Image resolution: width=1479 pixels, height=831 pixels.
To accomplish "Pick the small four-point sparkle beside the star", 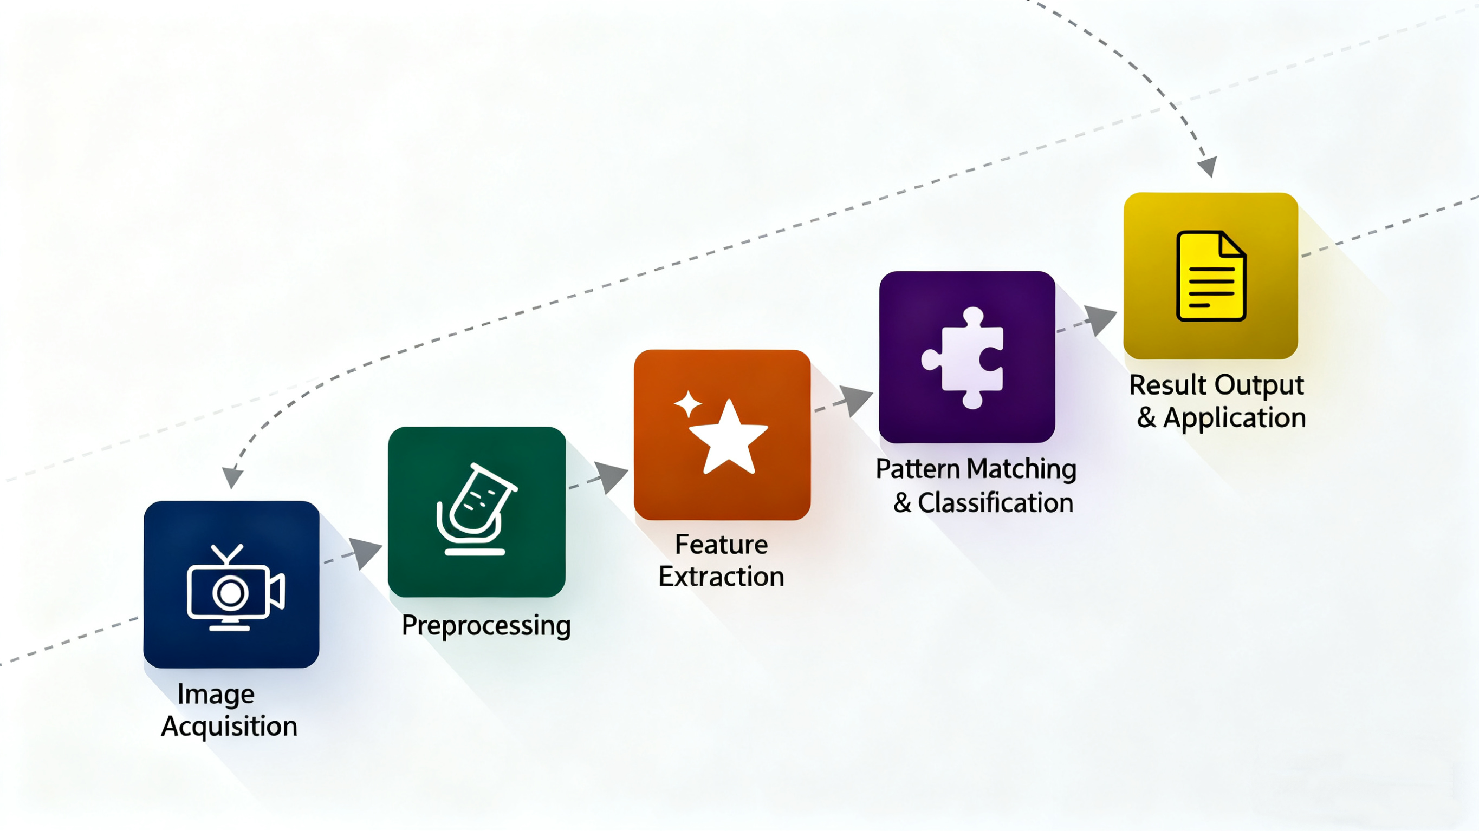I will [687, 404].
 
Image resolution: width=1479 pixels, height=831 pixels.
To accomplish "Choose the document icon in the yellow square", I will [1210, 276].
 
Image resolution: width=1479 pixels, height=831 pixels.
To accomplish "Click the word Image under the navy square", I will [216, 695].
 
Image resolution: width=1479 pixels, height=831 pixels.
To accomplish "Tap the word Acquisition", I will [229, 727].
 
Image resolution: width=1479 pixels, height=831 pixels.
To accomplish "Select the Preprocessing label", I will [486, 625].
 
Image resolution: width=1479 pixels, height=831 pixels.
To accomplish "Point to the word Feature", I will [721, 545].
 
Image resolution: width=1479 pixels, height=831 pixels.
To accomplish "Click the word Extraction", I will [721, 577].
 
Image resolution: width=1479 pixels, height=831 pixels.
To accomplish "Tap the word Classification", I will [995, 503].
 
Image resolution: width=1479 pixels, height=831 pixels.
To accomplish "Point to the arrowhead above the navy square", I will [232, 477].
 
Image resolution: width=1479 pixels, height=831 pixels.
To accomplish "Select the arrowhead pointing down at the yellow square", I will [1208, 166].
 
